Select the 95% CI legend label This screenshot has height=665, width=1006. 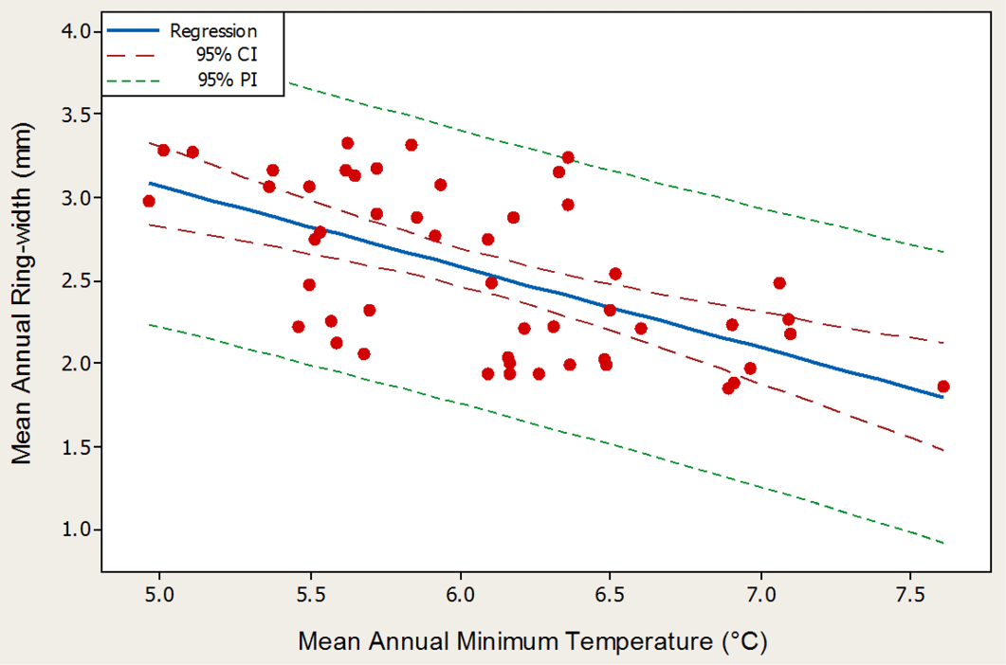(228, 55)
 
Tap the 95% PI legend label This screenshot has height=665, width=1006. (228, 80)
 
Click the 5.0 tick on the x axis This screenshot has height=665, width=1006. (159, 595)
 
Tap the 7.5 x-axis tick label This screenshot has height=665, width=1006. (910, 595)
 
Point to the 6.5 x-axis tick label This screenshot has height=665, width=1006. (610, 595)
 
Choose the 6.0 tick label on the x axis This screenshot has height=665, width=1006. (460, 595)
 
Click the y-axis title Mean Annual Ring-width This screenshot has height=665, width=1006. (22, 293)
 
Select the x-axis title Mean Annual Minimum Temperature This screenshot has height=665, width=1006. (533, 641)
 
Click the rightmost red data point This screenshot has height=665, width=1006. (943, 386)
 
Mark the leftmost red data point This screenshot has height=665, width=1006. (149, 202)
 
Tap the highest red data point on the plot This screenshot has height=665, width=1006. (348, 143)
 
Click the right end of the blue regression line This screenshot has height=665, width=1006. (942, 397)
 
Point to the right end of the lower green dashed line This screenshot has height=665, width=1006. (943, 543)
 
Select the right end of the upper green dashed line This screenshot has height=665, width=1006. (943, 252)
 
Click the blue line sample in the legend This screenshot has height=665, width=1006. (132, 30)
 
